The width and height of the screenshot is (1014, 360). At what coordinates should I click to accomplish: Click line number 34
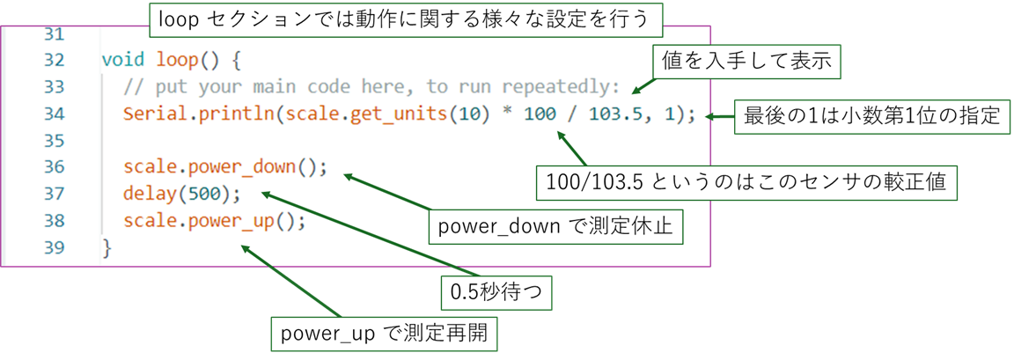click(54, 114)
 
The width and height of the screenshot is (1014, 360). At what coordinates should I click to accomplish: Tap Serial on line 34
click(151, 114)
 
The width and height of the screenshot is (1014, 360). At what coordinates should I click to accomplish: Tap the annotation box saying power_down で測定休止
click(555, 226)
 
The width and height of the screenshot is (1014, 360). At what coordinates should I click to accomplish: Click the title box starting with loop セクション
click(405, 18)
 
